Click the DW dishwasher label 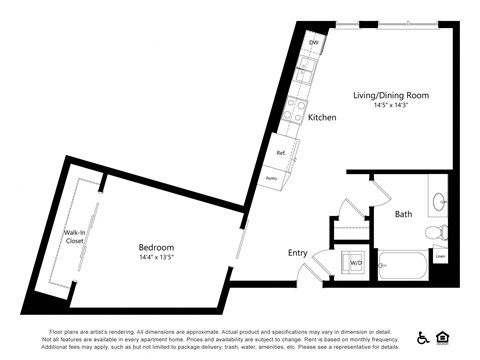coord(313,43)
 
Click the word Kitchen coord(322,118)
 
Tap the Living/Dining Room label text coord(390,95)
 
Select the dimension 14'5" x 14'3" coord(390,105)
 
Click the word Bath coord(403,213)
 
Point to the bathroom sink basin coord(440,200)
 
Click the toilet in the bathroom coord(436,233)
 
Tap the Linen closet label coord(441,257)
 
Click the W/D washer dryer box coord(354,263)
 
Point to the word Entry coord(298,252)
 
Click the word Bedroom coord(156,247)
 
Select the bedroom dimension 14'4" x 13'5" coord(156,258)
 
